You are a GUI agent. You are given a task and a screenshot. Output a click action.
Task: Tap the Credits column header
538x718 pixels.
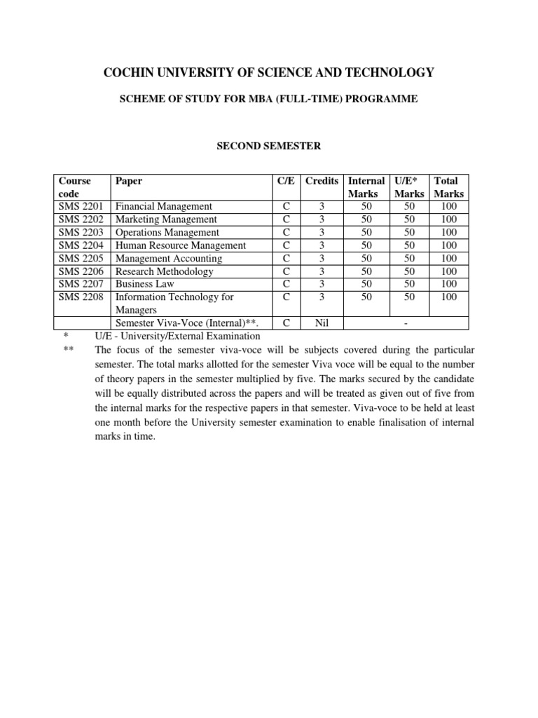(322, 181)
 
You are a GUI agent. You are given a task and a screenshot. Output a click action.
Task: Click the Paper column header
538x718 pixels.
(129, 181)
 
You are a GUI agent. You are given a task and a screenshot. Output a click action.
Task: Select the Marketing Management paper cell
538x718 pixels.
(166, 219)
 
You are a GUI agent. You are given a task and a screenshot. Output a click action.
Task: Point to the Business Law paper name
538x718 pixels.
(145, 284)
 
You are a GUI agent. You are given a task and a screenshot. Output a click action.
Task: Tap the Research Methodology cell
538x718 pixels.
(165, 271)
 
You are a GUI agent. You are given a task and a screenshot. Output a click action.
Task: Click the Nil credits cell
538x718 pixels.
(322, 323)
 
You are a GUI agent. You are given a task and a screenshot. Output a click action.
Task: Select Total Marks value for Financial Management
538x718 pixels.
(448, 207)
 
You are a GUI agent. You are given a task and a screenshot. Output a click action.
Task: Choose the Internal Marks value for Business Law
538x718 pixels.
(366, 284)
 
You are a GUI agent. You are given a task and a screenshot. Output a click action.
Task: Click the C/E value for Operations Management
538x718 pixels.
(286, 233)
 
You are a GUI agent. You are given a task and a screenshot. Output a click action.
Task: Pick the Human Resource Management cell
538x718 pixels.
(181, 245)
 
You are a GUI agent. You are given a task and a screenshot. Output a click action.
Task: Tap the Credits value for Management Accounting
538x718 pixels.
(322, 258)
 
